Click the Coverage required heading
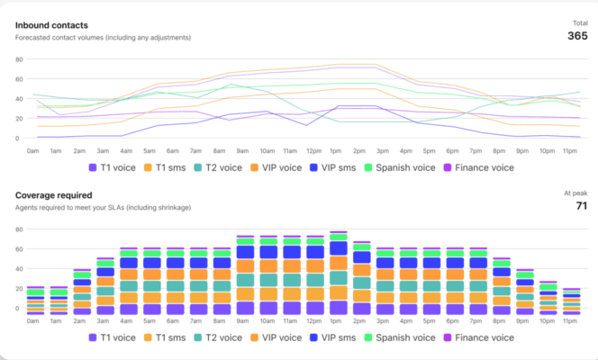[x=54, y=194]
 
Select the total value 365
[x=577, y=36]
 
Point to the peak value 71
[x=581, y=206]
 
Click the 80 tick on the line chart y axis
[x=17, y=58]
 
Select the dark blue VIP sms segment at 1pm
[x=339, y=248]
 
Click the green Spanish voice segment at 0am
[x=36, y=292]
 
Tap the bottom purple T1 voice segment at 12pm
[x=315, y=308]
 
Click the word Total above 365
[x=579, y=22]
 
